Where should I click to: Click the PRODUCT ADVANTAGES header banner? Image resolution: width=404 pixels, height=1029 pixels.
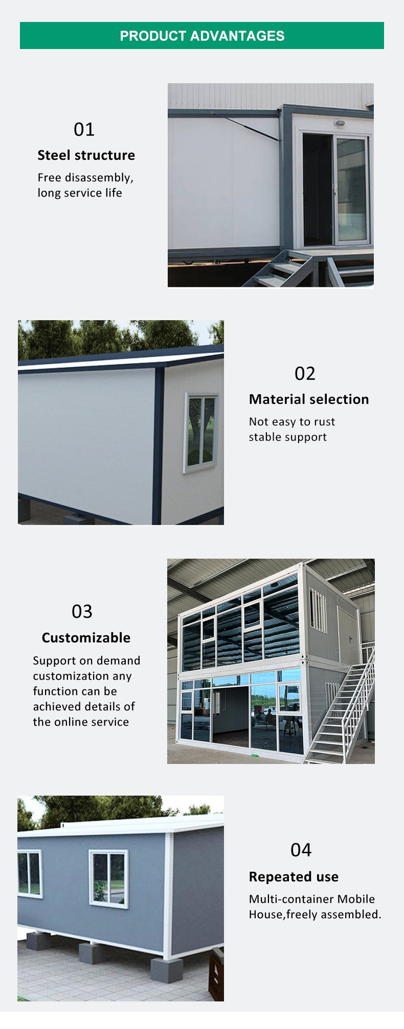click(202, 36)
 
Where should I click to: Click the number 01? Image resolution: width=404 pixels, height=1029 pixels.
click(84, 130)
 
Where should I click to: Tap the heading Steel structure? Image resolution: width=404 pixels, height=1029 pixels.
click(86, 155)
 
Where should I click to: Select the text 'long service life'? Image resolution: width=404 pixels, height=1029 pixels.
click(80, 193)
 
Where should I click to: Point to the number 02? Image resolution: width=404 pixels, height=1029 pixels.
click(305, 374)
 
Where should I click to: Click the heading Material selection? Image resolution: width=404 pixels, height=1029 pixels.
click(309, 399)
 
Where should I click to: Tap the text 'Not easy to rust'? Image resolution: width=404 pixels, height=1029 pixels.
click(292, 422)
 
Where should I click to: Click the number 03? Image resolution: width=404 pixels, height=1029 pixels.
click(82, 612)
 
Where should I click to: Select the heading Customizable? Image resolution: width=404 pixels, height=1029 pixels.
click(86, 638)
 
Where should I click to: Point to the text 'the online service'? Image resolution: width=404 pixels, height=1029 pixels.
click(81, 722)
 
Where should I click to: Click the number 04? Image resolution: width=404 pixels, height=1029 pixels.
click(301, 850)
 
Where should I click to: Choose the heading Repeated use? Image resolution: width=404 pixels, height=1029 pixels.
click(294, 877)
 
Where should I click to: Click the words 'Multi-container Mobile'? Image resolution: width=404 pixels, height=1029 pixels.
click(312, 899)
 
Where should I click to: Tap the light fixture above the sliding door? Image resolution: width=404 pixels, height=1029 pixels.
click(339, 123)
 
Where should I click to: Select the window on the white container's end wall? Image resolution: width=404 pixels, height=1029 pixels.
click(200, 432)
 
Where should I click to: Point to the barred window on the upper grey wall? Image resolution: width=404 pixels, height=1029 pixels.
click(318, 611)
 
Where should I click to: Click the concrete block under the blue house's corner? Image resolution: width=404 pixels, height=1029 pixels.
click(167, 970)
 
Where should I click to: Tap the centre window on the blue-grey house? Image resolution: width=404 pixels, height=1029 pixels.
click(108, 878)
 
